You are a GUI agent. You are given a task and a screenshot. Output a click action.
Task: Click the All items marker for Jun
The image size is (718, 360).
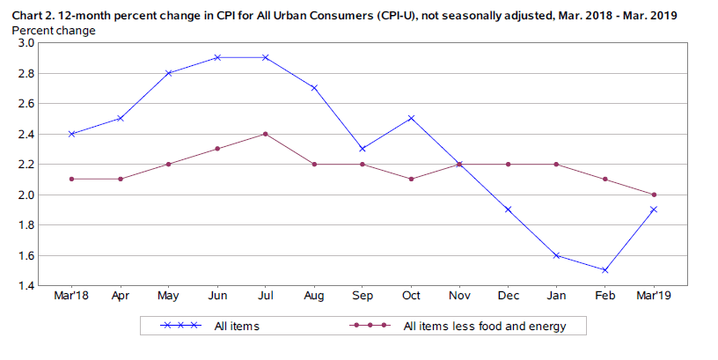[216, 58]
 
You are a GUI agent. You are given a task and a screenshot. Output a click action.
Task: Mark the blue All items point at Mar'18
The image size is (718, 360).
[72, 134]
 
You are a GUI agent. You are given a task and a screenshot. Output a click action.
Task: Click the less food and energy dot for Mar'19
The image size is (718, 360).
[653, 195]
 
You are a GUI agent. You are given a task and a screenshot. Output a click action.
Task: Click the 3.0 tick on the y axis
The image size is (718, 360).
[25, 43]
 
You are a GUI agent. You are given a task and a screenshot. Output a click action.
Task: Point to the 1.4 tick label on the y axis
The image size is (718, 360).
[25, 286]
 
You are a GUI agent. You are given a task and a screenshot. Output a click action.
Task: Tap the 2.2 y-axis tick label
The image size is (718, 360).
[25, 165]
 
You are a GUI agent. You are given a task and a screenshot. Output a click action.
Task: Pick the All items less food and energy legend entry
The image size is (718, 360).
[484, 327]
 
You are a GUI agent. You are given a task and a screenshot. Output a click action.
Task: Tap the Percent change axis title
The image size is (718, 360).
[54, 30]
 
